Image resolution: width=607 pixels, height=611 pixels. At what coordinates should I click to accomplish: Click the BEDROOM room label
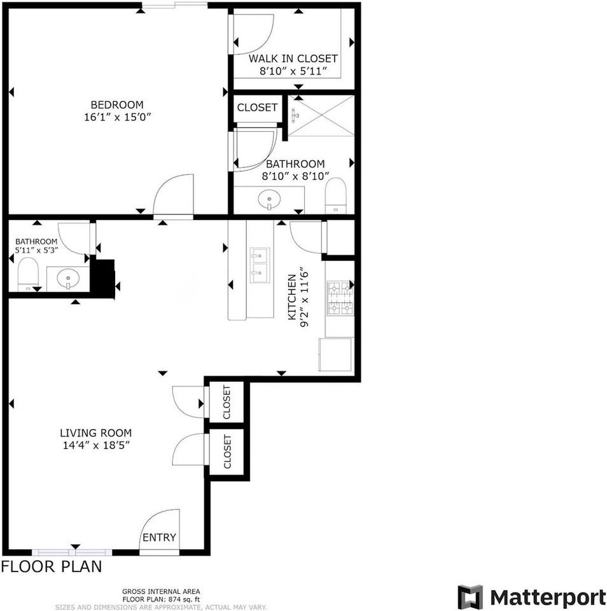(117, 105)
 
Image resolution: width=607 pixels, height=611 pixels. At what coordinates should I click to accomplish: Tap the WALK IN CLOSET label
(293, 59)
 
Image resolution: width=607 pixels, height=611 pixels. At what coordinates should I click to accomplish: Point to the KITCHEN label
(292, 297)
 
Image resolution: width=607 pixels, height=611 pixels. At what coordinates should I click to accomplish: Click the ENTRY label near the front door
(159, 538)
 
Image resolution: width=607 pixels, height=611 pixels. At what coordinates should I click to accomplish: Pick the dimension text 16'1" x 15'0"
(117, 117)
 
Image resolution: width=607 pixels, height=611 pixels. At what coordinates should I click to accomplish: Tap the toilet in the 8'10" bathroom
(335, 194)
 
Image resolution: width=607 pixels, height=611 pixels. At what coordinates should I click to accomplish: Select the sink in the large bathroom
(270, 200)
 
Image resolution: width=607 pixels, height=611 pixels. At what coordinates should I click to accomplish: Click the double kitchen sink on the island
(259, 265)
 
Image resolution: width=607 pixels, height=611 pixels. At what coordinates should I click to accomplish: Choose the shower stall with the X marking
(321, 116)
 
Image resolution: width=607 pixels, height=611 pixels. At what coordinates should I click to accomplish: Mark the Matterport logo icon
(470, 597)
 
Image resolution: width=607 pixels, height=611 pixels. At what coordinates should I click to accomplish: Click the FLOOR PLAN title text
(52, 566)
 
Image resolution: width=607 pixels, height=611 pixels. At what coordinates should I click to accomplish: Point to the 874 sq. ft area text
(161, 599)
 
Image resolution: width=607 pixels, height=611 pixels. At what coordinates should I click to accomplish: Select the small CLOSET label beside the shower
(257, 108)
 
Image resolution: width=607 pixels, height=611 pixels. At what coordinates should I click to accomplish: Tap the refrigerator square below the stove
(335, 355)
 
